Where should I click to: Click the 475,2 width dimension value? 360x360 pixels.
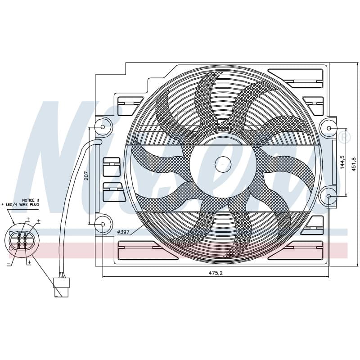[x=216, y=273]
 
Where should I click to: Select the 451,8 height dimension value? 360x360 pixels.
[x=354, y=164]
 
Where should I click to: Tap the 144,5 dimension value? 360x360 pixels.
[x=342, y=162]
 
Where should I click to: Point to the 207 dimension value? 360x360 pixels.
[x=86, y=175]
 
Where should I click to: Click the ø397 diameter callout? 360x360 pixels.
[x=123, y=232]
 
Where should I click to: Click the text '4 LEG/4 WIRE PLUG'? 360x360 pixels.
[x=20, y=204]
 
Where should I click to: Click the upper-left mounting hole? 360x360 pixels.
[x=103, y=127]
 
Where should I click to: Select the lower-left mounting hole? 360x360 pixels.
[x=103, y=224]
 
